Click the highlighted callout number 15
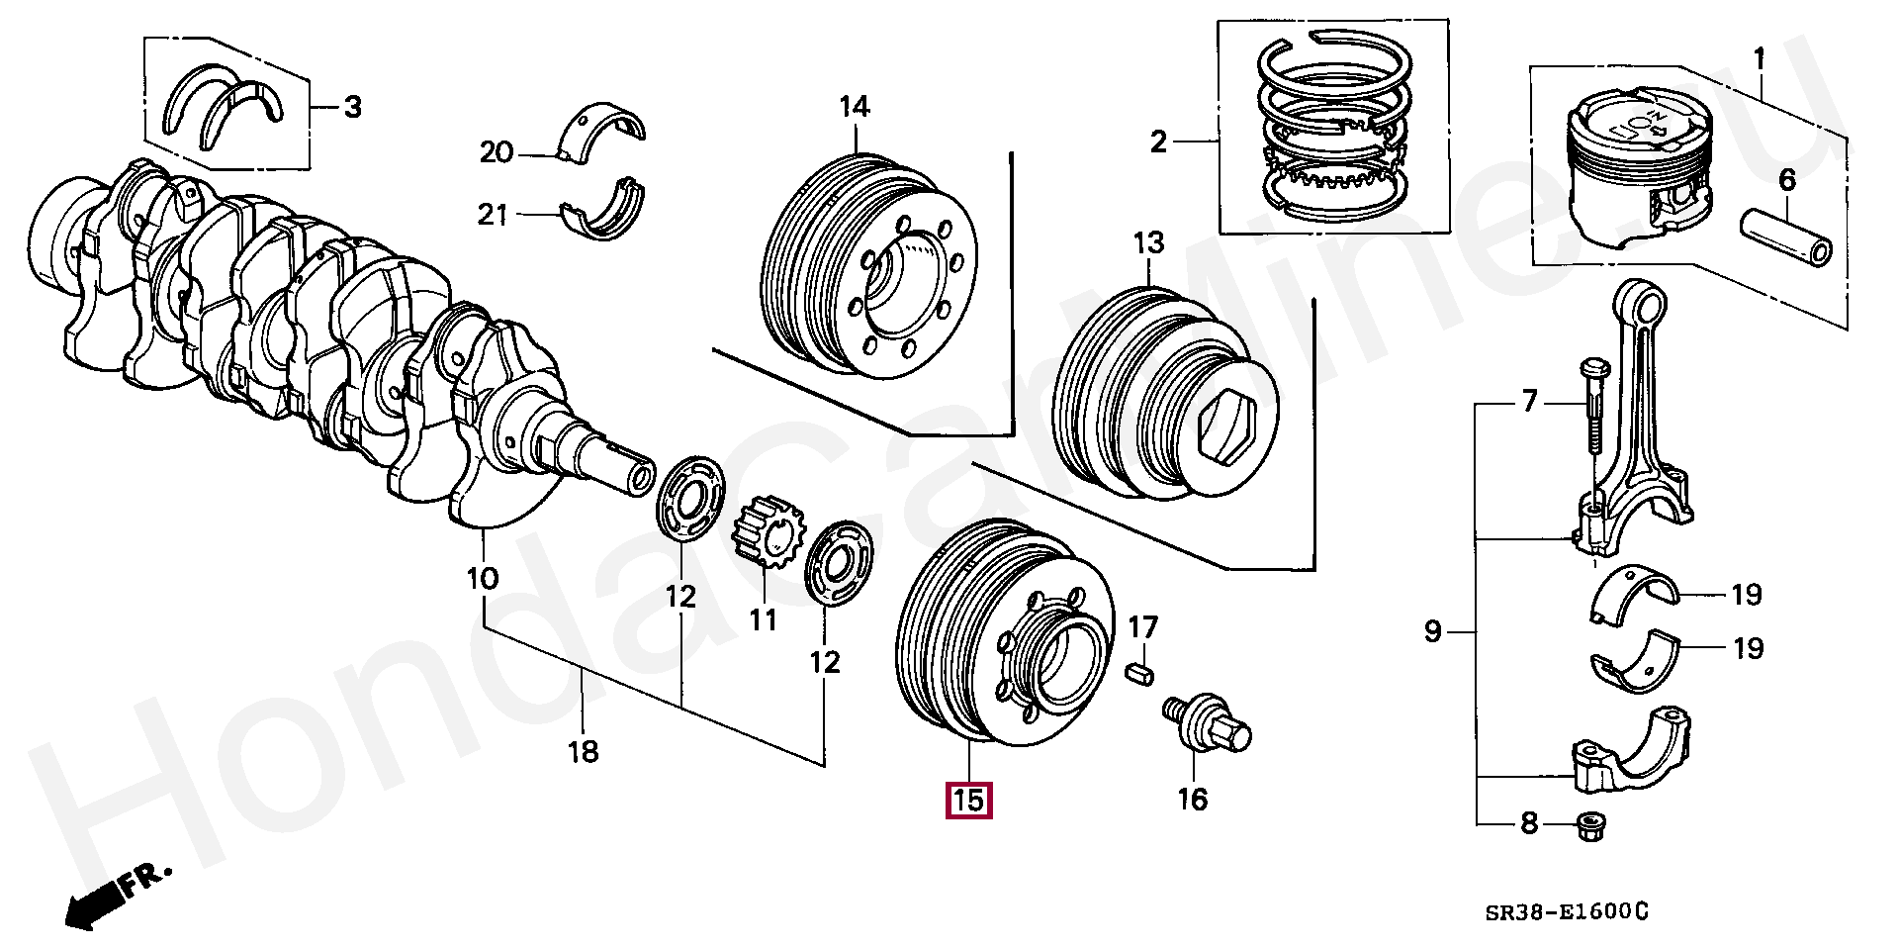[x=969, y=801]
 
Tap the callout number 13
[x=1148, y=243]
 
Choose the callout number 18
[x=584, y=752]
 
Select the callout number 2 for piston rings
[x=1159, y=143]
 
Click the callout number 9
[x=1433, y=631]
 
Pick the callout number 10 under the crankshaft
[x=483, y=579]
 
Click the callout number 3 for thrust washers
[x=352, y=107]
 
